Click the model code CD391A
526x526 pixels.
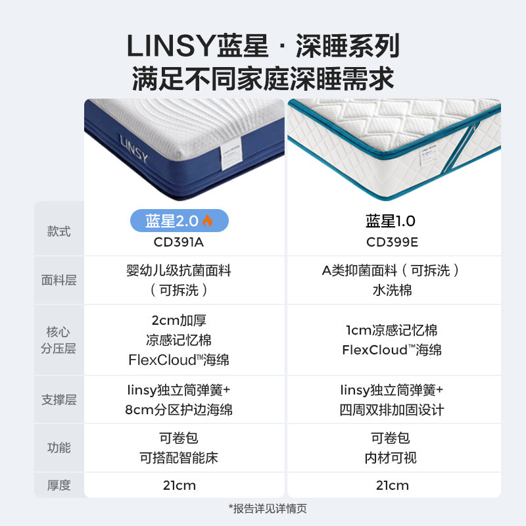pos(179,241)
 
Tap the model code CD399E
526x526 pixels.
pos(392,241)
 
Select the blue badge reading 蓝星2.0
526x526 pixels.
pos(179,221)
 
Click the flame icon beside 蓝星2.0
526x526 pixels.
pos(208,221)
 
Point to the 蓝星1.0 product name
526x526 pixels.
pos(392,221)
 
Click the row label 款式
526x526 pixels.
pos(59,231)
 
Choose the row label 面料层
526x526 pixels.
pos(59,280)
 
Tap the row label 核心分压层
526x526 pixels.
pos(59,340)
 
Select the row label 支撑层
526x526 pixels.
pos(59,399)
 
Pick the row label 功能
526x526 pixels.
pos(59,448)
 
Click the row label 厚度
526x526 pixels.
pos(59,486)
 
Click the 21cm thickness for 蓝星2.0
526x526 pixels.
pos(179,486)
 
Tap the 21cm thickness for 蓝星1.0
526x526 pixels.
pos(392,486)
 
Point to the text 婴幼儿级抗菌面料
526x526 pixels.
pos(179,270)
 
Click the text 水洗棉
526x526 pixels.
pos(392,290)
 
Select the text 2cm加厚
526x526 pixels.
pos(179,321)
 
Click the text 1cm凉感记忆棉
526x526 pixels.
pos(392,330)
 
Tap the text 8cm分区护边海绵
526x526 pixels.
pos(179,410)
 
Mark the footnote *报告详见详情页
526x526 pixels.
pos(268,508)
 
